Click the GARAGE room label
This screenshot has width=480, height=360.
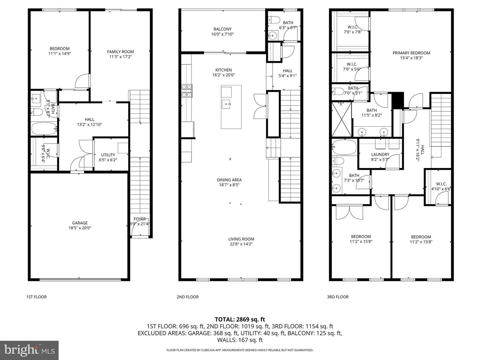pos(80,223)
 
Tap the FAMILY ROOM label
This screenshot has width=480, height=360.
pos(120,52)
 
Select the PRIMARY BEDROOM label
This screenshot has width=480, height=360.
pos(411,53)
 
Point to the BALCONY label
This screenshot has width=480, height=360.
pos(222,29)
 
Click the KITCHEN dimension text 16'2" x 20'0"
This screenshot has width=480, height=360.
pos(223,75)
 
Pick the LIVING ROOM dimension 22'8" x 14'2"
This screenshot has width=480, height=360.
pos(241,244)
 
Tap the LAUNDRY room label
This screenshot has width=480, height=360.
pos(380,155)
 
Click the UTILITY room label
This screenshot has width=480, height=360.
pos(108,155)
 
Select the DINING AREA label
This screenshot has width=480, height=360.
pos(229,180)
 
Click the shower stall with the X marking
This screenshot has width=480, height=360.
pos(341,119)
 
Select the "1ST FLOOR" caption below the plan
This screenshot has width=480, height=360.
pos(37,297)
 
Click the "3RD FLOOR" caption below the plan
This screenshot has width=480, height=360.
pos(338,297)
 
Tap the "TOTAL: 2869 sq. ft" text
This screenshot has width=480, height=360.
pos(240,319)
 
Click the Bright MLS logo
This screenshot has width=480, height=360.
pos(29,350)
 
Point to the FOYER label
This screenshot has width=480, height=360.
pos(140,219)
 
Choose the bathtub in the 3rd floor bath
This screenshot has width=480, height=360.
pos(344,148)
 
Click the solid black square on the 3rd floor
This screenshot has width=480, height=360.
pos(398,100)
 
